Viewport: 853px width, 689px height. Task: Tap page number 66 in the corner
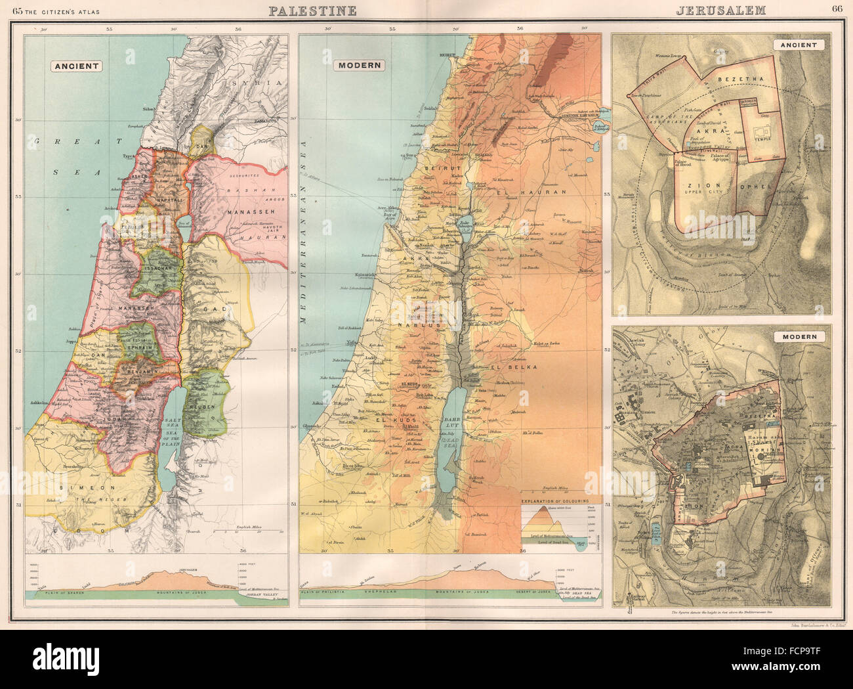[837, 9]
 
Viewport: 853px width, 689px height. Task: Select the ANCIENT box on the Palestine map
[77, 66]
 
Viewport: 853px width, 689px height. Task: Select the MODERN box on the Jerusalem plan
[799, 336]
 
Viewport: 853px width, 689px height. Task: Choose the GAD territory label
[218, 308]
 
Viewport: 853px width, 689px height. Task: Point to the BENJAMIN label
[139, 372]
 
